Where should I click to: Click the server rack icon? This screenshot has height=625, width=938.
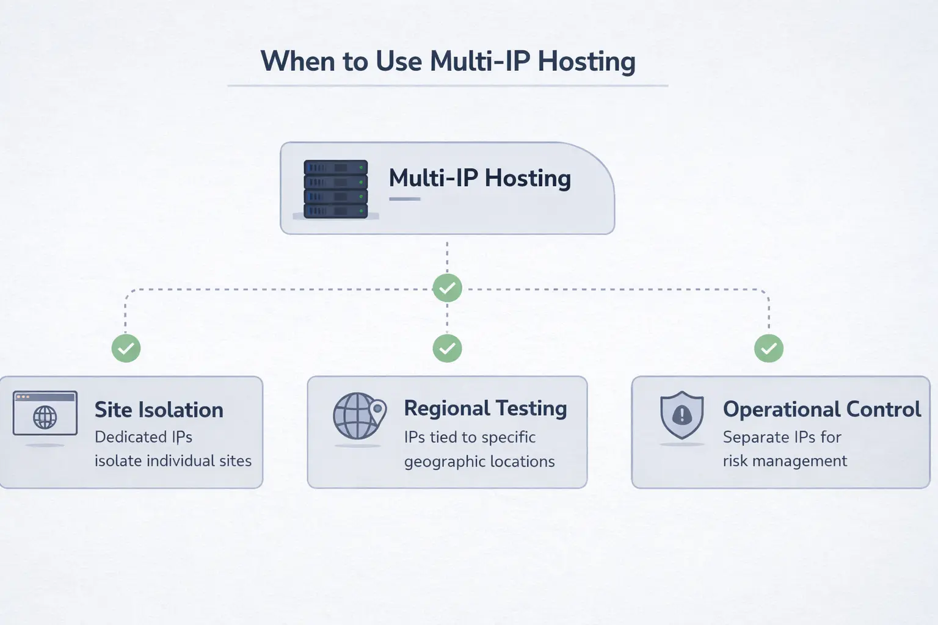coord(336,189)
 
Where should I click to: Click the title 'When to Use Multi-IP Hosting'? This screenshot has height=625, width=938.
coord(448,62)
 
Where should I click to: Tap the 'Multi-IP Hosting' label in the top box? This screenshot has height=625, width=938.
coord(479,178)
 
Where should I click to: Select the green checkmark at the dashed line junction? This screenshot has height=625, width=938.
coord(447,287)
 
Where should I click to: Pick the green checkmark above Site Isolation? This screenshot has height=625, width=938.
coord(126,349)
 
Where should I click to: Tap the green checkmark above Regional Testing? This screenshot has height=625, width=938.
coord(447,349)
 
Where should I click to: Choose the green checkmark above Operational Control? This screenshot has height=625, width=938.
coord(768,349)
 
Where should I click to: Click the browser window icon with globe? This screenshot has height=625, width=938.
coord(45,414)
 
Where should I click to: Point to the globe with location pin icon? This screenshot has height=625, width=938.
coord(360,416)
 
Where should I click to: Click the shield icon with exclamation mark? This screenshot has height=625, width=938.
coord(682,415)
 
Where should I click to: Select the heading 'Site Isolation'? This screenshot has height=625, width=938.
coord(159,410)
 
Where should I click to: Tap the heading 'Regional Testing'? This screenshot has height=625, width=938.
coord(485,408)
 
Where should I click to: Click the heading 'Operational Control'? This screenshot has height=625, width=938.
coord(821,410)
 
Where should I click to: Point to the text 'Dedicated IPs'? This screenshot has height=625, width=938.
coord(144,437)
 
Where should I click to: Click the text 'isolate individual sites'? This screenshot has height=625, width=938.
coord(173,461)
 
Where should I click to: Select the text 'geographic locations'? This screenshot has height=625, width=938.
coord(479,461)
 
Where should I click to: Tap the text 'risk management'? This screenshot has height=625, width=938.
coord(785,461)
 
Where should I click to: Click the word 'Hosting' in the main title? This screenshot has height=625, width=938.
coord(586,62)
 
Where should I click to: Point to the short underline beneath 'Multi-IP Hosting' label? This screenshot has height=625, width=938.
coord(405,199)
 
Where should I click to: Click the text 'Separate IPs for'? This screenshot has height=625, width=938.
coord(782,437)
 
